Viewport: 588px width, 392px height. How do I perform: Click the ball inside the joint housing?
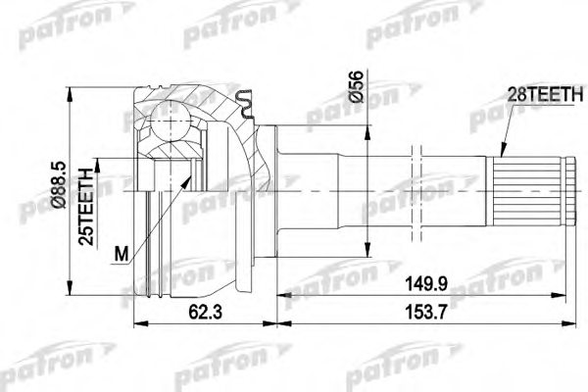tap(168, 125)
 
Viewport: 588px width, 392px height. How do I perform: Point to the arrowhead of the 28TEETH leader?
tap(502, 157)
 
